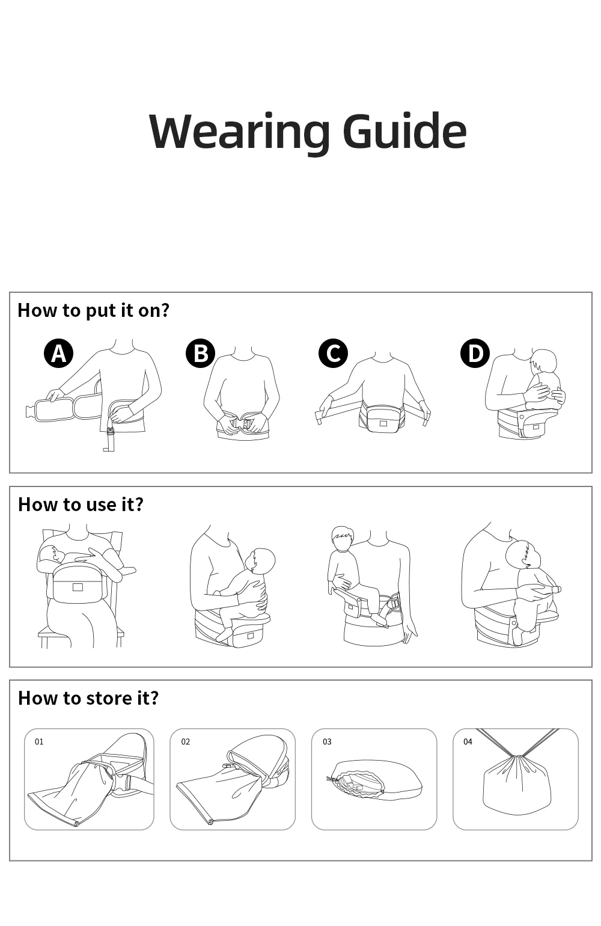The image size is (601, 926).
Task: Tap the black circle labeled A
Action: point(59,354)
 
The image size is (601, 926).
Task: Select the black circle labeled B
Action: point(200,354)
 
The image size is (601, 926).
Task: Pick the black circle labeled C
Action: point(333,353)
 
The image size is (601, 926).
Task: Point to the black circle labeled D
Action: point(475,353)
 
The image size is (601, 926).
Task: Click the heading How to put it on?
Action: point(93,310)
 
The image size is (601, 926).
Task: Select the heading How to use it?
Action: point(81,504)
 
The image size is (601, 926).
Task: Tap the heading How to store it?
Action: point(88,698)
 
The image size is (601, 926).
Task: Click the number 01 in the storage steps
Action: point(39,741)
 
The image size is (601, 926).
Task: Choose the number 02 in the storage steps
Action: point(186,741)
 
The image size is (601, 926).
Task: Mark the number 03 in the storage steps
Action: point(327,741)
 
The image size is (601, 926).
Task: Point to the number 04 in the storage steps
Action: point(468,741)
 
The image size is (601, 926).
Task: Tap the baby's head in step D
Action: point(543,363)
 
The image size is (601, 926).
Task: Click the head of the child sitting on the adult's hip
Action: point(343,539)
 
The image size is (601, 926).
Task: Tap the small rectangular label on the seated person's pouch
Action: point(78,587)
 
